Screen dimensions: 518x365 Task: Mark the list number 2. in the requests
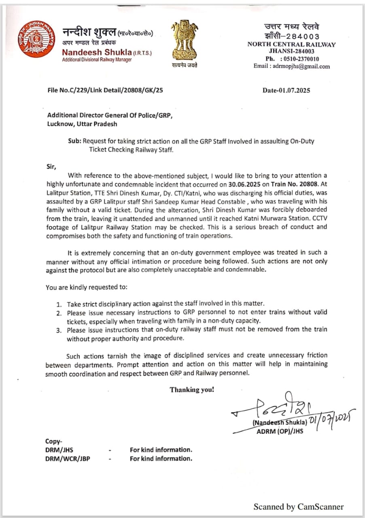click(59, 313)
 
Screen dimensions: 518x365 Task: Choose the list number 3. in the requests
click(59, 330)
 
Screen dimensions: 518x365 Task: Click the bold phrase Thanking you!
click(192, 390)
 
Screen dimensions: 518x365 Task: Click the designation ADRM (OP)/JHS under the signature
click(280, 431)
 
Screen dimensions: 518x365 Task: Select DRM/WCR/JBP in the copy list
click(68, 459)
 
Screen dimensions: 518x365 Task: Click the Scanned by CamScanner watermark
click(298, 507)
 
